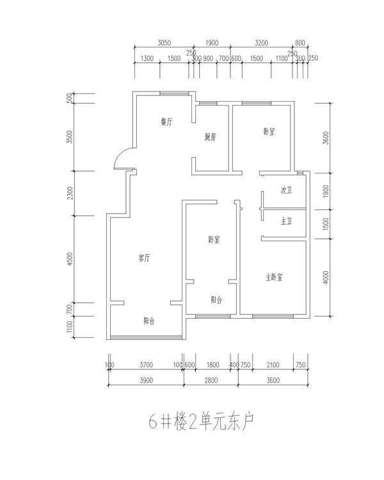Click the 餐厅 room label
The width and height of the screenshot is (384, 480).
167,122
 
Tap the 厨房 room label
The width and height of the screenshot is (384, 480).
211,136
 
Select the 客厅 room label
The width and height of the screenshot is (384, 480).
144,258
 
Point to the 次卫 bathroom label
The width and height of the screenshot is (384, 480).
286,191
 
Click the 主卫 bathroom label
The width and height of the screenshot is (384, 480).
286,221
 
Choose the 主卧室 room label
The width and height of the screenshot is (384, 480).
275,277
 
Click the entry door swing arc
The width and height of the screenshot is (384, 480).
120,157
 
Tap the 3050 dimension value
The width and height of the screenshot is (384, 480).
164,43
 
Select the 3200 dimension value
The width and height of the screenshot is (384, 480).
261,43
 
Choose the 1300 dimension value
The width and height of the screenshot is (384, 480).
147,58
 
